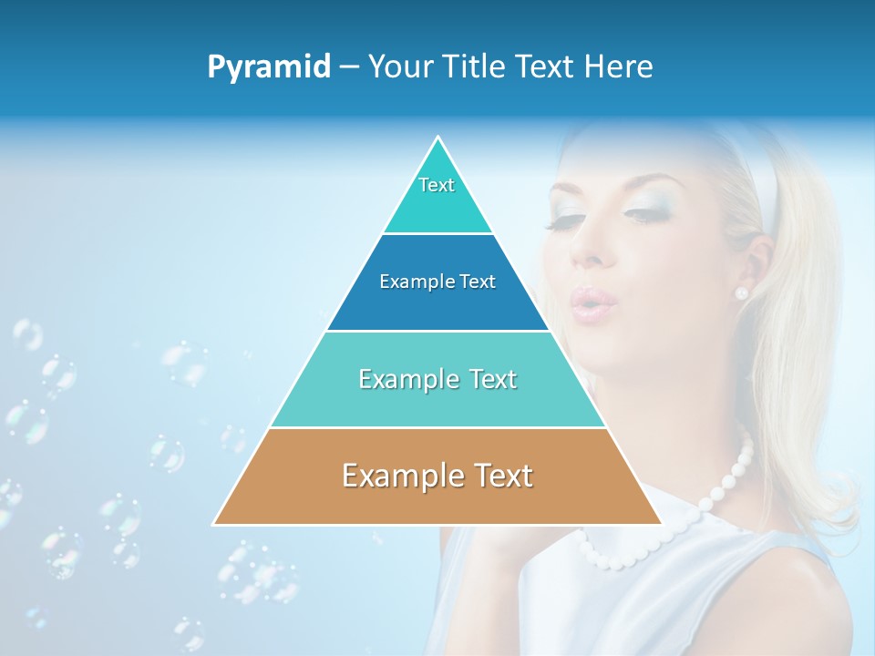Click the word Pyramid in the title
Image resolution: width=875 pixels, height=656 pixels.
pos(269,67)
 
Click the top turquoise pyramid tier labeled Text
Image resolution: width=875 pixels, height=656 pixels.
pos(437,196)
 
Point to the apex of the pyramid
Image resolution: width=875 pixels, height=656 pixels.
pos(438,138)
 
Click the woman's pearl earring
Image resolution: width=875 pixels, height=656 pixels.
pos(741,292)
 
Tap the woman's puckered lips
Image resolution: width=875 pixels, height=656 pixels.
pos(587,302)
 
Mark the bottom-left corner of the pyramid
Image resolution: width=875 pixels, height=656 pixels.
pos(214,524)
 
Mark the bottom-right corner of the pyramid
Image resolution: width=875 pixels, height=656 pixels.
pos(662,524)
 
